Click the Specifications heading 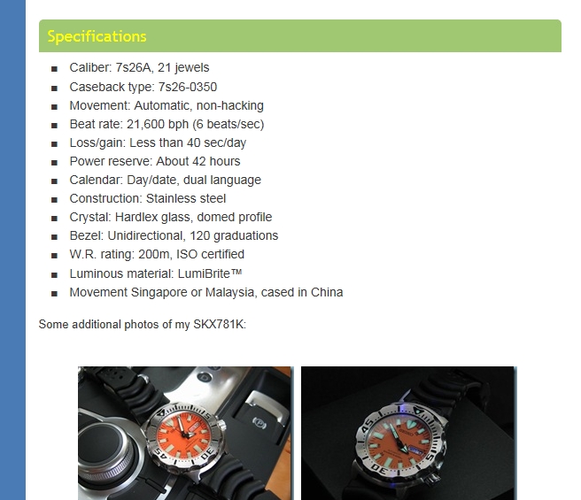point(97,36)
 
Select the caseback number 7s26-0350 point(188,87)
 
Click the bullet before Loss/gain point(55,143)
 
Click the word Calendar point(96,180)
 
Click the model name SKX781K point(218,325)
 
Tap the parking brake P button point(260,421)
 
